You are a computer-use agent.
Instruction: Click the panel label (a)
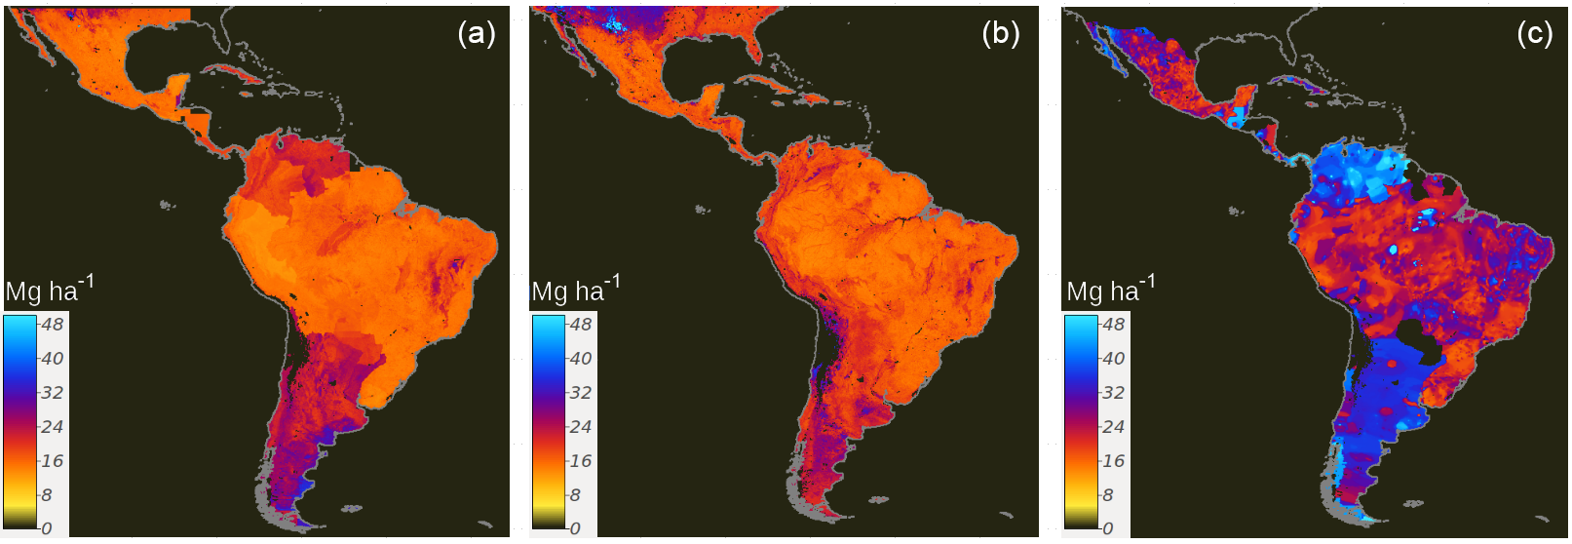(x=477, y=34)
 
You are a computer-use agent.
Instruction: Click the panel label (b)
(x=1001, y=34)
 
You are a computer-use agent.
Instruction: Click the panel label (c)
(x=1534, y=34)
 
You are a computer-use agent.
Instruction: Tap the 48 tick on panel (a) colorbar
(x=52, y=325)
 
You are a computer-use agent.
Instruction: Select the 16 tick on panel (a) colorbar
(x=52, y=461)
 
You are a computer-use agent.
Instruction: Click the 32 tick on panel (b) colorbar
(x=580, y=393)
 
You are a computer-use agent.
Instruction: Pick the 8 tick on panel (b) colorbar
(x=575, y=495)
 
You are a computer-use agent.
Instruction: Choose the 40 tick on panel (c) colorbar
(x=1112, y=359)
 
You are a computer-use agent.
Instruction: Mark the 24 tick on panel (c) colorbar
(x=1112, y=427)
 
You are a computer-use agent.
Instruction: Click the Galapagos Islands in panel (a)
(x=167, y=205)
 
